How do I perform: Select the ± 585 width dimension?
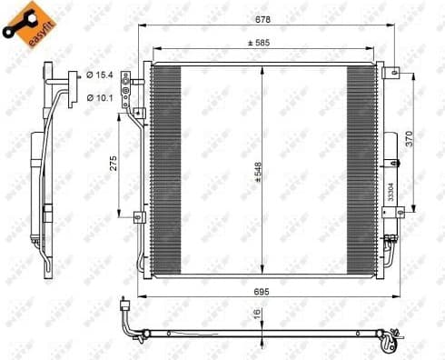(x=263, y=45)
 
